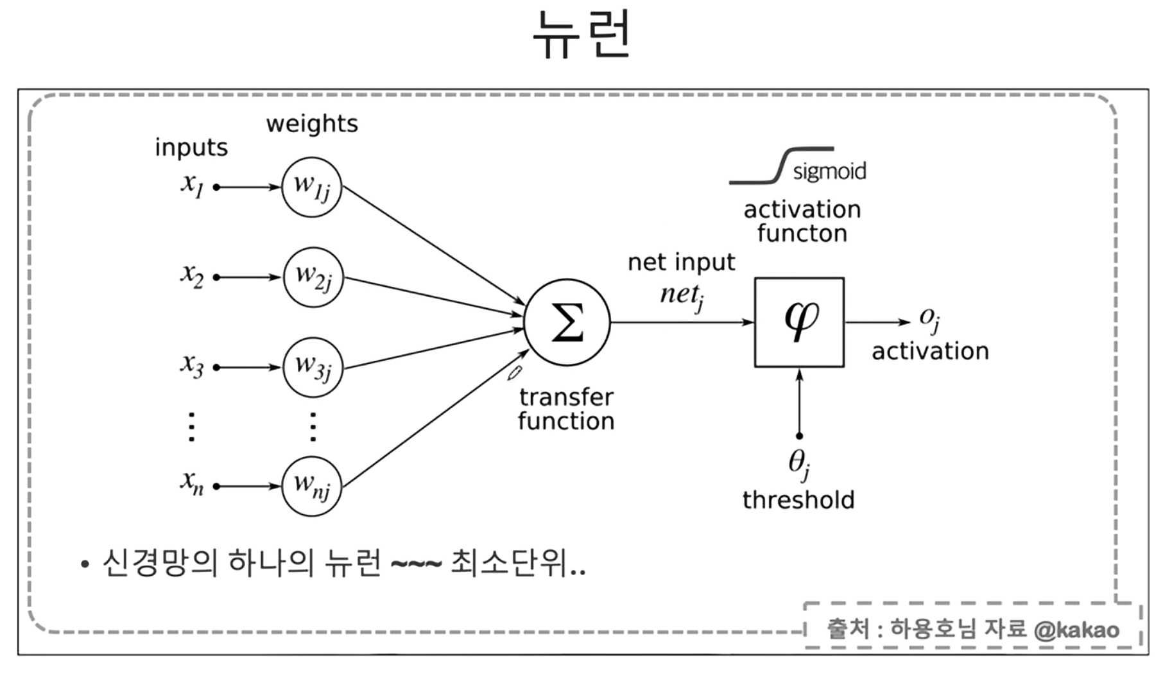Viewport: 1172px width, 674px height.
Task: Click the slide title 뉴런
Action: click(x=582, y=35)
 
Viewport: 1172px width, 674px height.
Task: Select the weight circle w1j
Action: click(x=312, y=187)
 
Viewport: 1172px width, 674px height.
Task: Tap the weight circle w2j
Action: click(x=313, y=277)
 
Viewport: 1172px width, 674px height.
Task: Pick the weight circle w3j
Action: click(x=313, y=367)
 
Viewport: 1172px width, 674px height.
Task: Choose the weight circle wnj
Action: click(x=312, y=486)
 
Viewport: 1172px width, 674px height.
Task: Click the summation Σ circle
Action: click(x=567, y=322)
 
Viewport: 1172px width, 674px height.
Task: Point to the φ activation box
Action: click(x=799, y=322)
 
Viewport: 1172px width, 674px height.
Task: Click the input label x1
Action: click(x=192, y=186)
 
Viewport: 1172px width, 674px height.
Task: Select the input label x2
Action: click(x=192, y=276)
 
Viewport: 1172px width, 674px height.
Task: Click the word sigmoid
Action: click(x=829, y=171)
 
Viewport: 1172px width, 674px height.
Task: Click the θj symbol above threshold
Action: click(x=798, y=463)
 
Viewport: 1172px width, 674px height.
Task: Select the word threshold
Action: click(x=798, y=500)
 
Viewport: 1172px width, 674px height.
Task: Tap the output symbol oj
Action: click(x=929, y=318)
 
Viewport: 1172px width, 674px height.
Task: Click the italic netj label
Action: click(x=681, y=295)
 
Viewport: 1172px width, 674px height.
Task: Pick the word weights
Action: click(x=312, y=124)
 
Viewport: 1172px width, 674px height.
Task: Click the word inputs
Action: click(x=191, y=148)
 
